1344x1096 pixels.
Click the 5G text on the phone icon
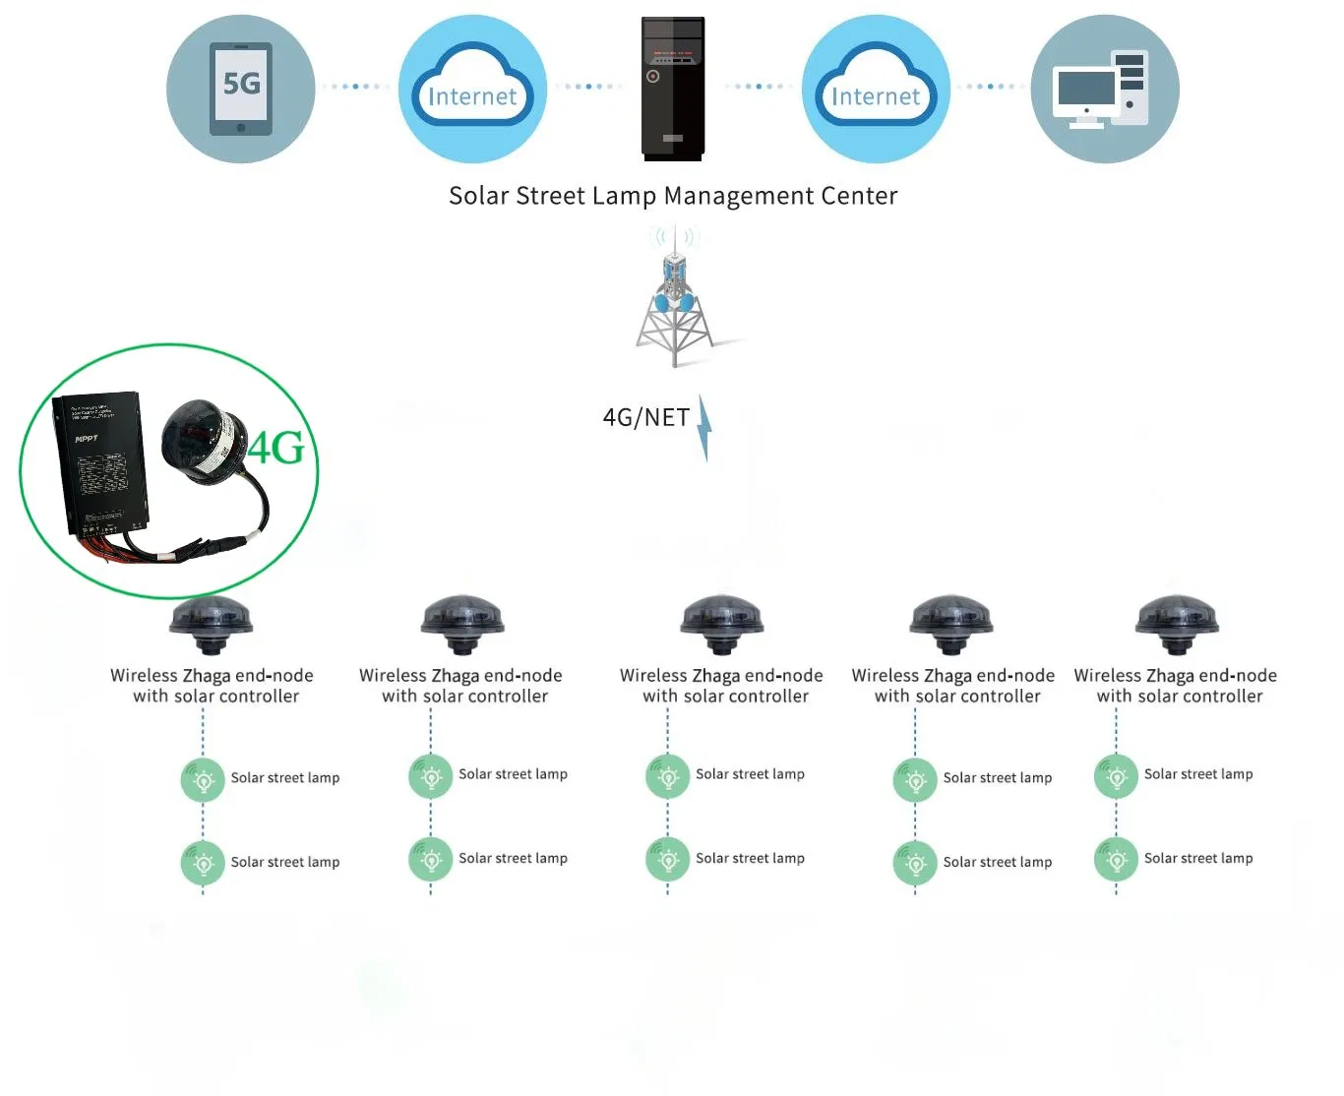coord(241,84)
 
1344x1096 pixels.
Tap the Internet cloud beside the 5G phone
coord(472,89)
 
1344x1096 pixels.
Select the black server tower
coord(673,89)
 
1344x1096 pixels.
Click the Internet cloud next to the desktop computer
coord(876,89)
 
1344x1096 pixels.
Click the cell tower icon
coord(675,295)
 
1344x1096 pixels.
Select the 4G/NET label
coord(645,417)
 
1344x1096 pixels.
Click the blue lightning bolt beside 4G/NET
coord(703,428)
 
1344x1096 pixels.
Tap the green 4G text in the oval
coord(276,449)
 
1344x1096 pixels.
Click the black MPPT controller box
coord(103,462)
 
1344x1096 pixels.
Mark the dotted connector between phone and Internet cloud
coord(356,87)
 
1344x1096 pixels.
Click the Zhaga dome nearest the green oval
coord(211,623)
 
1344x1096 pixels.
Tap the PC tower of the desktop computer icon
coord(1130,88)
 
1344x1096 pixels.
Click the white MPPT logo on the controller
coord(86,439)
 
